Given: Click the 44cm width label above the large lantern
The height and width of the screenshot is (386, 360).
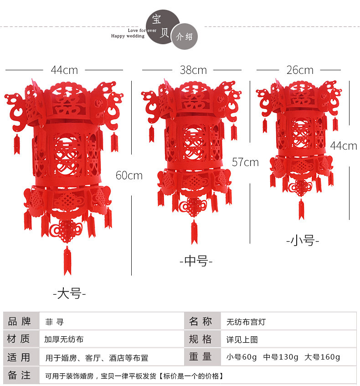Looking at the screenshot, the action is (x=64, y=70).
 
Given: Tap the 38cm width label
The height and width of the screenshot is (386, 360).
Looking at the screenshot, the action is (x=193, y=70).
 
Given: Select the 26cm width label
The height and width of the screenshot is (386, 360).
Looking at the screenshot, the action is (x=300, y=70).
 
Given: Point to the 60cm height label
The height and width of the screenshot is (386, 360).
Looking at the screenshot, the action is (x=129, y=175).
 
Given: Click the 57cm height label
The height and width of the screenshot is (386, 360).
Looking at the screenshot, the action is (x=245, y=162).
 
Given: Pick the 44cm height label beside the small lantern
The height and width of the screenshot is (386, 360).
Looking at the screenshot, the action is (x=344, y=146).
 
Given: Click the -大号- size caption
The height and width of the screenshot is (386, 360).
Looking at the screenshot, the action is (x=69, y=293).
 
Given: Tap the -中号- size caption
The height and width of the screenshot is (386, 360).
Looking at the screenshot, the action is (x=196, y=261).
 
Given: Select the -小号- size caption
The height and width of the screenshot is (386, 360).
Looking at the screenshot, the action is (x=303, y=240).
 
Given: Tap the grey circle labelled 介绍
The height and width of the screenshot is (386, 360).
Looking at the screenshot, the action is (x=185, y=37).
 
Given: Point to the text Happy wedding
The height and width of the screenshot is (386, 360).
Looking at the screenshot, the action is (x=128, y=36).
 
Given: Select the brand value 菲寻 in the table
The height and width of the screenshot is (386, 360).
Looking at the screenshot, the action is (x=51, y=322).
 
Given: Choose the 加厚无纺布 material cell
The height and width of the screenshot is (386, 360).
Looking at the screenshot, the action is (x=64, y=339).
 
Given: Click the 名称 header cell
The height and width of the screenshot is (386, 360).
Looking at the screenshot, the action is (x=201, y=322).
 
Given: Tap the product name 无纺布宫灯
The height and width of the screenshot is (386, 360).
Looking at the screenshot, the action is (x=246, y=322).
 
